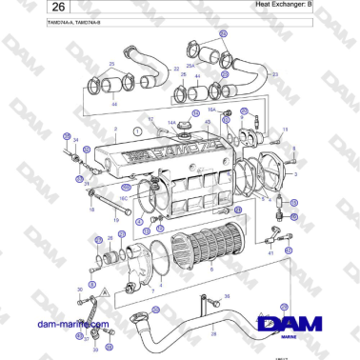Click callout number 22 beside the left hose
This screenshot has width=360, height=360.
(x=176, y=70)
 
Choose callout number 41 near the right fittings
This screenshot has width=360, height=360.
(x=271, y=253)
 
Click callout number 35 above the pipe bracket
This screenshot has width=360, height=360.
(x=227, y=295)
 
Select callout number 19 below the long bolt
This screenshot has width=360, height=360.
(x=115, y=220)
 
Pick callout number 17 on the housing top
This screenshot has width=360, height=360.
(x=150, y=119)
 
